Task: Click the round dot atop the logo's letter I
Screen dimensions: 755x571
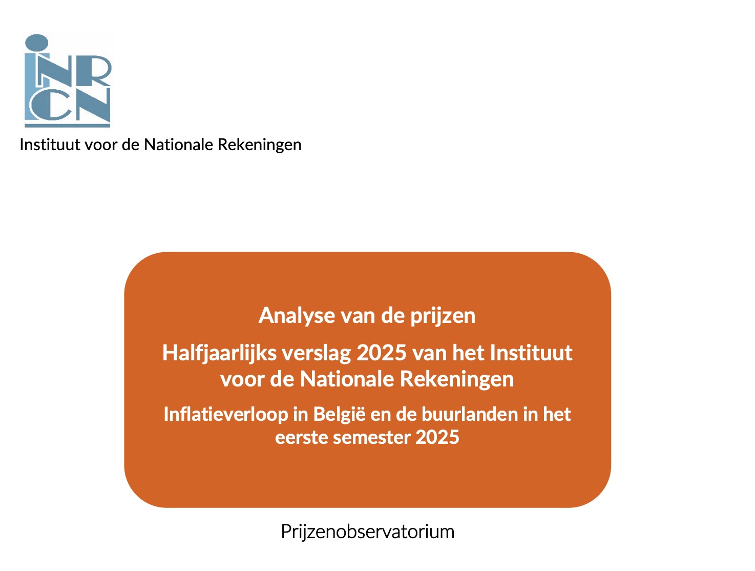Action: click(37, 42)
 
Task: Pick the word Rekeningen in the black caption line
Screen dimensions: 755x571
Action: click(259, 145)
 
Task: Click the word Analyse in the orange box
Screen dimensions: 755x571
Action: click(297, 316)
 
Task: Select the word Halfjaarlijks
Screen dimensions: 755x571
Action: click(219, 354)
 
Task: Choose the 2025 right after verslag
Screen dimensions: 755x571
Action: click(382, 353)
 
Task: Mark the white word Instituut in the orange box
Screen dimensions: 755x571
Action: click(531, 353)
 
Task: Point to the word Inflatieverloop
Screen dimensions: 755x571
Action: click(226, 414)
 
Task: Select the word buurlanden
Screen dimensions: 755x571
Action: click(470, 414)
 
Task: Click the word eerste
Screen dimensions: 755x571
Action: click(301, 437)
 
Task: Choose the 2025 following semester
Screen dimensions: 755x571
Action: click(437, 437)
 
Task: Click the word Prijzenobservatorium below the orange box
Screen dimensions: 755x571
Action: click(367, 532)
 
